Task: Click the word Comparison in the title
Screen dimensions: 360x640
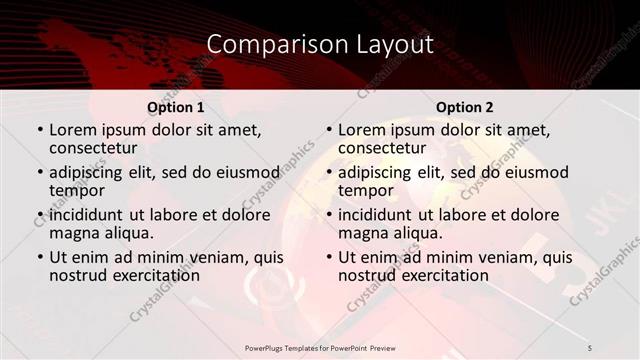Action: pos(264,45)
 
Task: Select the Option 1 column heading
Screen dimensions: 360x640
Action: pos(175,107)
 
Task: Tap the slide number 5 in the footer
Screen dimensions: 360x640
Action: pos(590,347)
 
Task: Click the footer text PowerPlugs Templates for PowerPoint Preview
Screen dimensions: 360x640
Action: pos(320,347)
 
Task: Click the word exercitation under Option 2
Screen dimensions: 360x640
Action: pos(442,275)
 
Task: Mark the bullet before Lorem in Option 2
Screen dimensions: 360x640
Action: pos(328,131)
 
